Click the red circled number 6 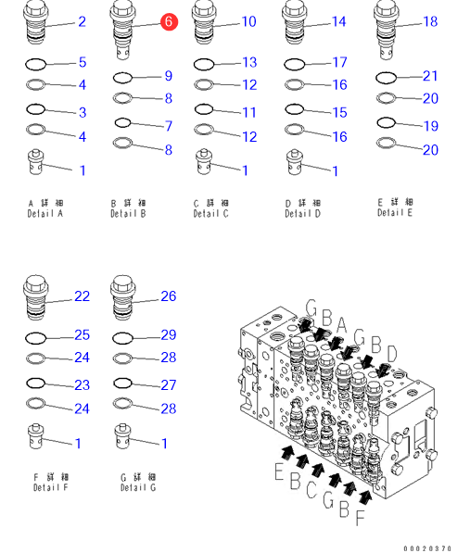coord(169,22)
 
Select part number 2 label coord(82,22)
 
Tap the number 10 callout coord(248,22)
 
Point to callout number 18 coord(430,22)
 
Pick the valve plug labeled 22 coord(35,298)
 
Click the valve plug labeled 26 coord(122,298)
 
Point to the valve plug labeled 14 coord(294,23)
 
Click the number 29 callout coord(169,335)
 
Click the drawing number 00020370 coord(427,548)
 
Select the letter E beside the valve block coord(279,471)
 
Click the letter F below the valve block coord(360,518)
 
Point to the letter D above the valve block coord(391,354)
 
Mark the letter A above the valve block coord(341,325)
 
